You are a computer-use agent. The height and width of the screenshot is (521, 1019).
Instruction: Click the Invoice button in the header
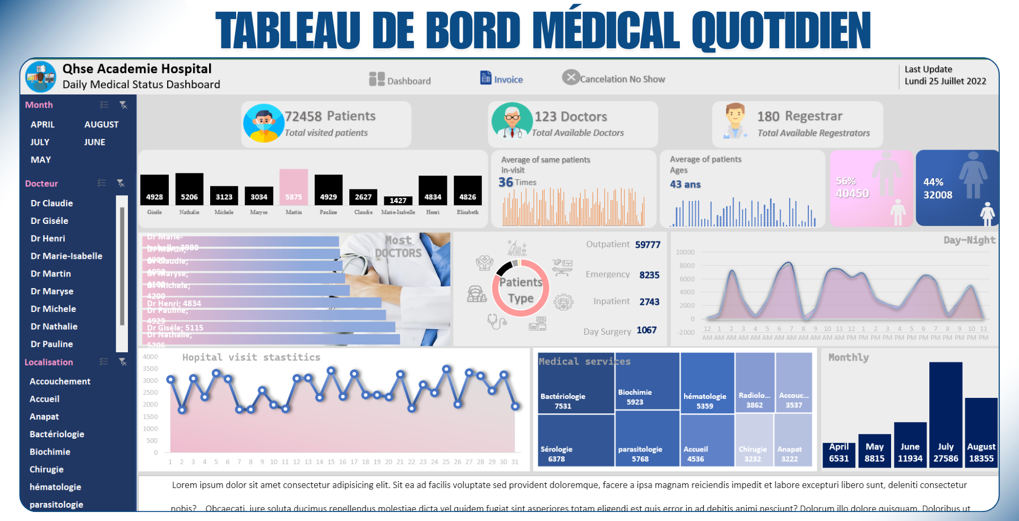coord(502,79)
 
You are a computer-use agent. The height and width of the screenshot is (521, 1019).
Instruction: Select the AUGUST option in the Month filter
coord(101,125)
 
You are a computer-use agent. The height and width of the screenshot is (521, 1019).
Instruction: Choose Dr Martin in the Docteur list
coord(50,274)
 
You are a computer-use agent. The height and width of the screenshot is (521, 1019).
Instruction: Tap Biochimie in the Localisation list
coord(50,452)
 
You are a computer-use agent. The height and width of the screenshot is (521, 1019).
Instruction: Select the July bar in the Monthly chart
coord(945,414)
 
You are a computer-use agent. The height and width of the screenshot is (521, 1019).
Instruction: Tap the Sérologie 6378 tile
coord(576,440)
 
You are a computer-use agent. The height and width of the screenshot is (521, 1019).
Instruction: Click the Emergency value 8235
coord(649,275)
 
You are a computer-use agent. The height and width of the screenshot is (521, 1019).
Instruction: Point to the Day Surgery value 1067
coord(646,330)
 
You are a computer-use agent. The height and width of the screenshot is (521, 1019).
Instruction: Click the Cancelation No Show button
coord(614,79)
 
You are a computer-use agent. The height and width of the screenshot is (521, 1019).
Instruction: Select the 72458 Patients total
coord(330,116)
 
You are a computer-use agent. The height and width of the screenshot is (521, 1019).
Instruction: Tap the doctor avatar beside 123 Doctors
coord(512,121)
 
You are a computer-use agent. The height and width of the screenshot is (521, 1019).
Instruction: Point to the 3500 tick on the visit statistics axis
coord(150,369)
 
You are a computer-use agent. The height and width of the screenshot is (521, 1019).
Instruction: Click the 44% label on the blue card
coord(933,182)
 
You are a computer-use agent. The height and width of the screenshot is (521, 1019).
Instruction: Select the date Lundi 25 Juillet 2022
coord(945,81)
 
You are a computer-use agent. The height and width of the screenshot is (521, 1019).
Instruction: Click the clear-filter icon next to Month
coord(123,105)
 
